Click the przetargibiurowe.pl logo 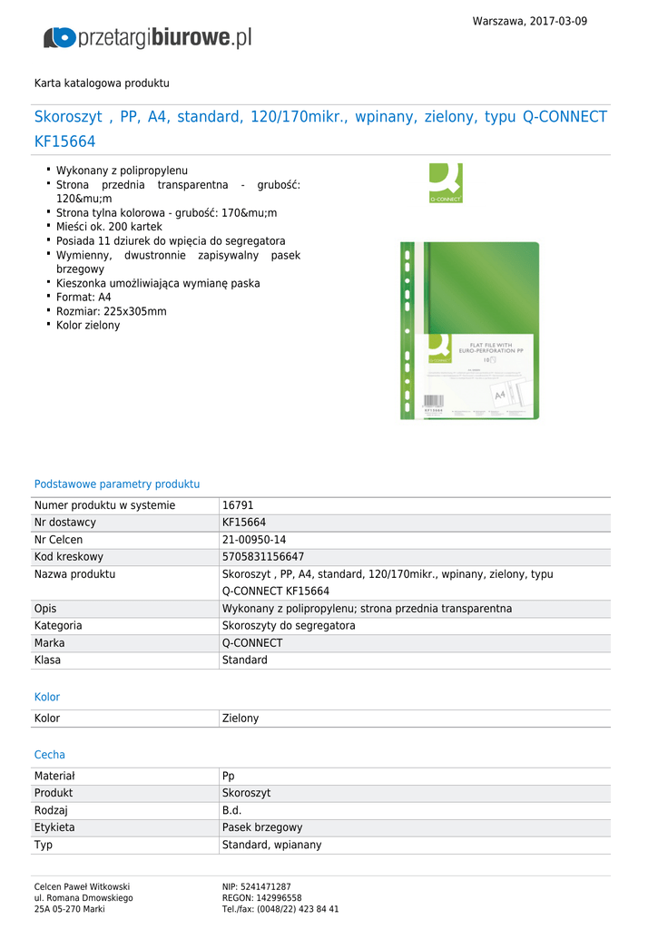coord(148,37)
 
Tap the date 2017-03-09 coord(555,21)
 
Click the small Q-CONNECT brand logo coord(446,182)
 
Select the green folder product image coord(469,330)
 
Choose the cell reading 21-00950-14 coord(254,540)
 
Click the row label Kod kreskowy coord(69,557)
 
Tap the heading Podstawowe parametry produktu coord(117,484)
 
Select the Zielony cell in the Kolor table coord(241,719)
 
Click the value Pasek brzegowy coord(262,827)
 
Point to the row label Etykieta coord(54,827)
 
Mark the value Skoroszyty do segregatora coord(289,626)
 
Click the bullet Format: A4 coord(83,297)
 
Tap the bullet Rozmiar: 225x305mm coord(111,311)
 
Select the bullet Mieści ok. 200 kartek coord(109,227)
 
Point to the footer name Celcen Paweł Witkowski coord(82,886)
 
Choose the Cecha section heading coord(50,755)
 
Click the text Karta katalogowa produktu coord(102,83)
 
